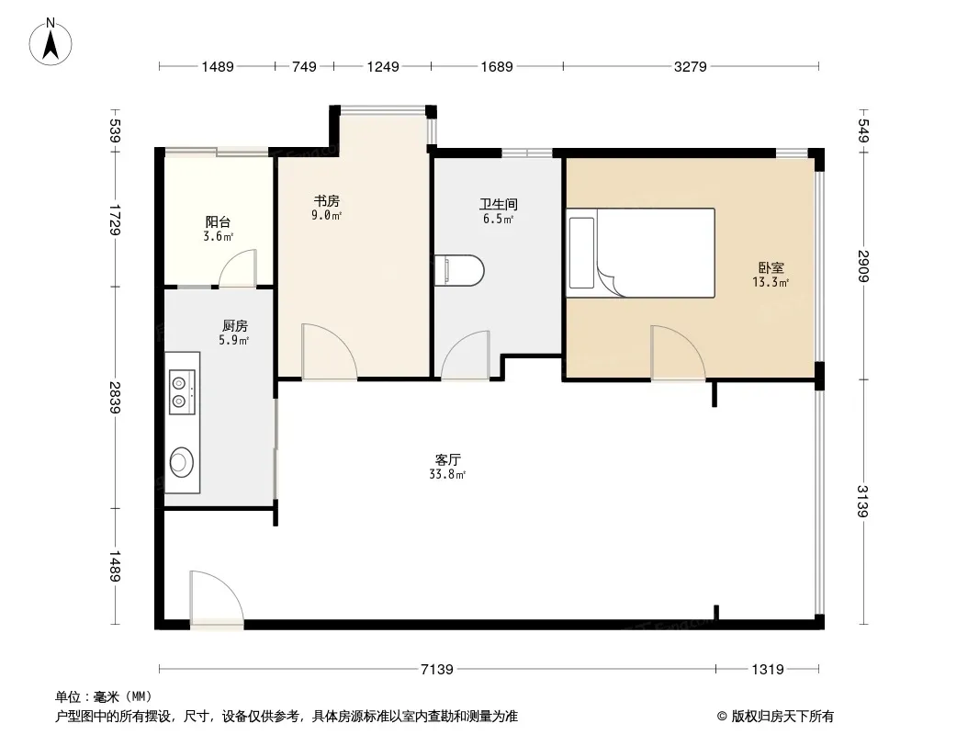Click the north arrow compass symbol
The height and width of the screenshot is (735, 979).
51,42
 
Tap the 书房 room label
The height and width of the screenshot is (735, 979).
327,201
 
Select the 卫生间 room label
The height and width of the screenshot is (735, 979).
499,204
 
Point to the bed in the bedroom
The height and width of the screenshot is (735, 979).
641,253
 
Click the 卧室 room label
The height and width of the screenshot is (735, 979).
771,268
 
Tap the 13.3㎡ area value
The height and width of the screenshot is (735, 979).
771,282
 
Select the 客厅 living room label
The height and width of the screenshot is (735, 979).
447,460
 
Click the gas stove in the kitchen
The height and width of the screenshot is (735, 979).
183,392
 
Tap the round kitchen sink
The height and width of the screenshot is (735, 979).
181,462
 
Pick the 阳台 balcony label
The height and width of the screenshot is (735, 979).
218,221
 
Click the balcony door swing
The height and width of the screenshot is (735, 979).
238,268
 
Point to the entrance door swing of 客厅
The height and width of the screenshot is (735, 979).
217,597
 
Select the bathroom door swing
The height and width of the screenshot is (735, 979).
465,355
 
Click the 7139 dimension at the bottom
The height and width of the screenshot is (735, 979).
437,670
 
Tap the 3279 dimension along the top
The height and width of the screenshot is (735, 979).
691,66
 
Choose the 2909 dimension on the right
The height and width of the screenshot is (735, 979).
863,266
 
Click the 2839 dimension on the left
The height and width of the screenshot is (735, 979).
114,397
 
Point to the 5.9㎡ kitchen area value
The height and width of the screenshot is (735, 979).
234,340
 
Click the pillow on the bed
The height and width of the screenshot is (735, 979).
582,253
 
